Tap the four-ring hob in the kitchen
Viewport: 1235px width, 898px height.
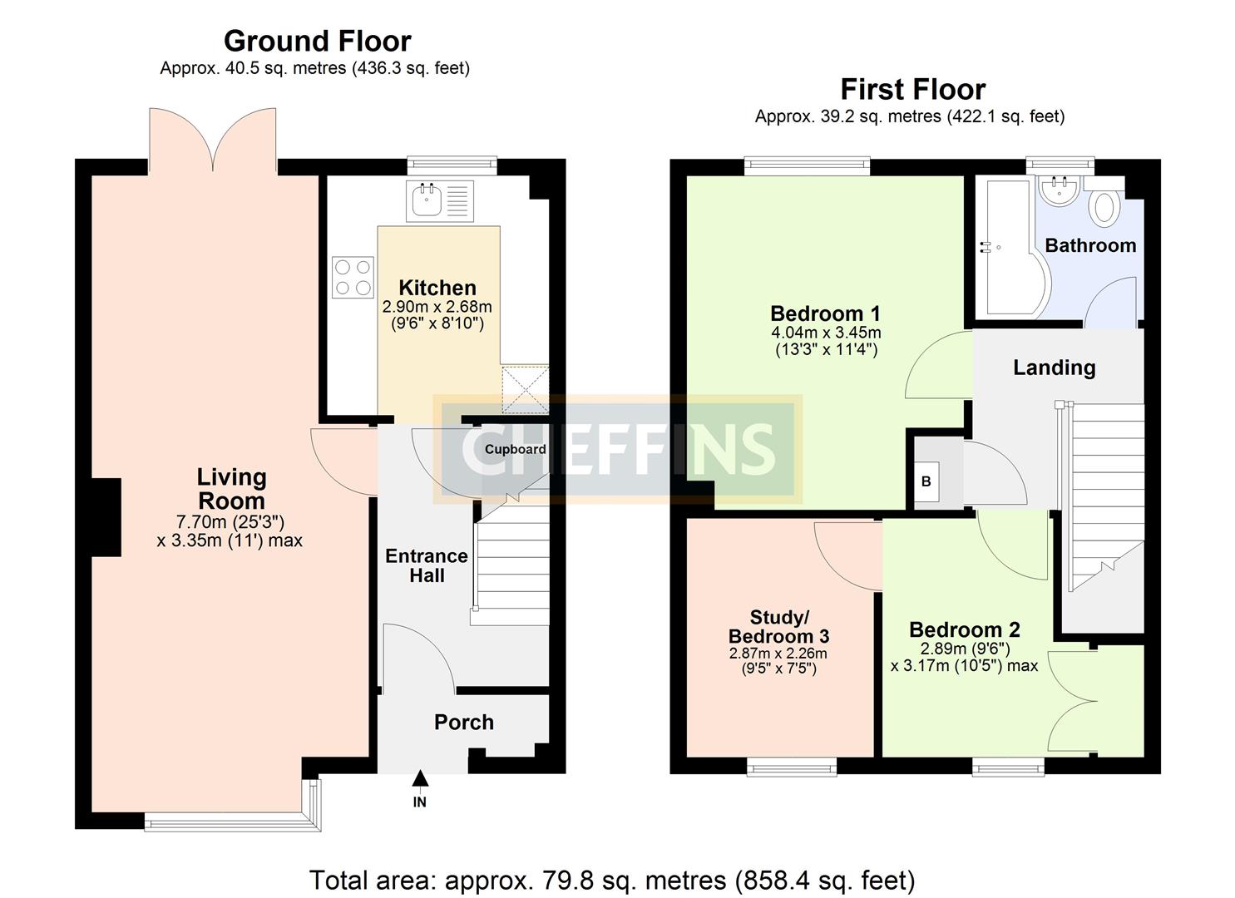[353, 278]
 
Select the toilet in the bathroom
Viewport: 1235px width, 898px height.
[1104, 208]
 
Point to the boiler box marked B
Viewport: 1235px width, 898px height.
[926, 481]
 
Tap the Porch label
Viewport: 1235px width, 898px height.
[463, 723]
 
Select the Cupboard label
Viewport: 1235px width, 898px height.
[515, 449]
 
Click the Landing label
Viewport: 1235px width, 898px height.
[1054, 368]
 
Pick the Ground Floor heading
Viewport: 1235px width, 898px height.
[317, 41]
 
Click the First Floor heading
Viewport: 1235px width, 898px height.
[912, 89]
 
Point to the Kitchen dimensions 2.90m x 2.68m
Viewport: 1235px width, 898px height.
[437, 315]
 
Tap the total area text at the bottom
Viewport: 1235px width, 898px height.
[612, 880]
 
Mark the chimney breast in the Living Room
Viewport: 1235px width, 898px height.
[106, 516]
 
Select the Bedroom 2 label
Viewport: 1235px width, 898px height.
[964, 629]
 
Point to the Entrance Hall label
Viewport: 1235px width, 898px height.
[426, 565]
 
